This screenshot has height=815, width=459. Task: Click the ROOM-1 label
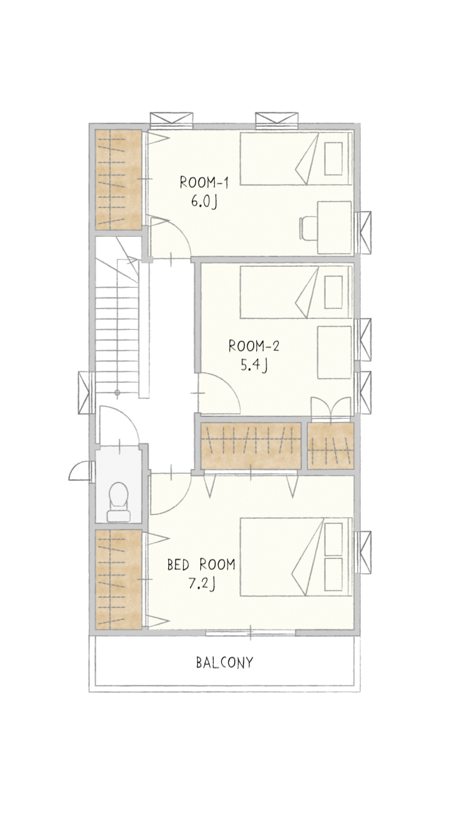[204, 183]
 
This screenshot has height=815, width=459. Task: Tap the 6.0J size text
[204, 201]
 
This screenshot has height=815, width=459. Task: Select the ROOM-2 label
[254, 346]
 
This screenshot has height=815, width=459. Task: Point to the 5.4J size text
[254, 365]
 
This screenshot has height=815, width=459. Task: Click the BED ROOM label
[201, 564]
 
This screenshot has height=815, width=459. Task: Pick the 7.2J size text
[201, 583]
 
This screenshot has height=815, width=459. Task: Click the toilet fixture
[119, 502]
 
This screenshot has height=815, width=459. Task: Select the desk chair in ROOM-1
[308, 228]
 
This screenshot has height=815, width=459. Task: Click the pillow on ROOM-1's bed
[333, 159]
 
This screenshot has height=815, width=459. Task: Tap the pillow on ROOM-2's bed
[333, 292]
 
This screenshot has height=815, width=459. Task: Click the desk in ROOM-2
[335, 352]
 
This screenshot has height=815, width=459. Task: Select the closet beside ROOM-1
[119, 180]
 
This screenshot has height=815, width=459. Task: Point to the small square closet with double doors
[331, 446]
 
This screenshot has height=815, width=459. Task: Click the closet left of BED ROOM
[119, 579]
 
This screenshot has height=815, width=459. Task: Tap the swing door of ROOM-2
[219, 393]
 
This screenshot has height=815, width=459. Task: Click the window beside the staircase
[87, 393]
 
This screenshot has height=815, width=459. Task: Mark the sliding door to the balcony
[251, 633]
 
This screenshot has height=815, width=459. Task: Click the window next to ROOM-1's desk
[363, 233]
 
